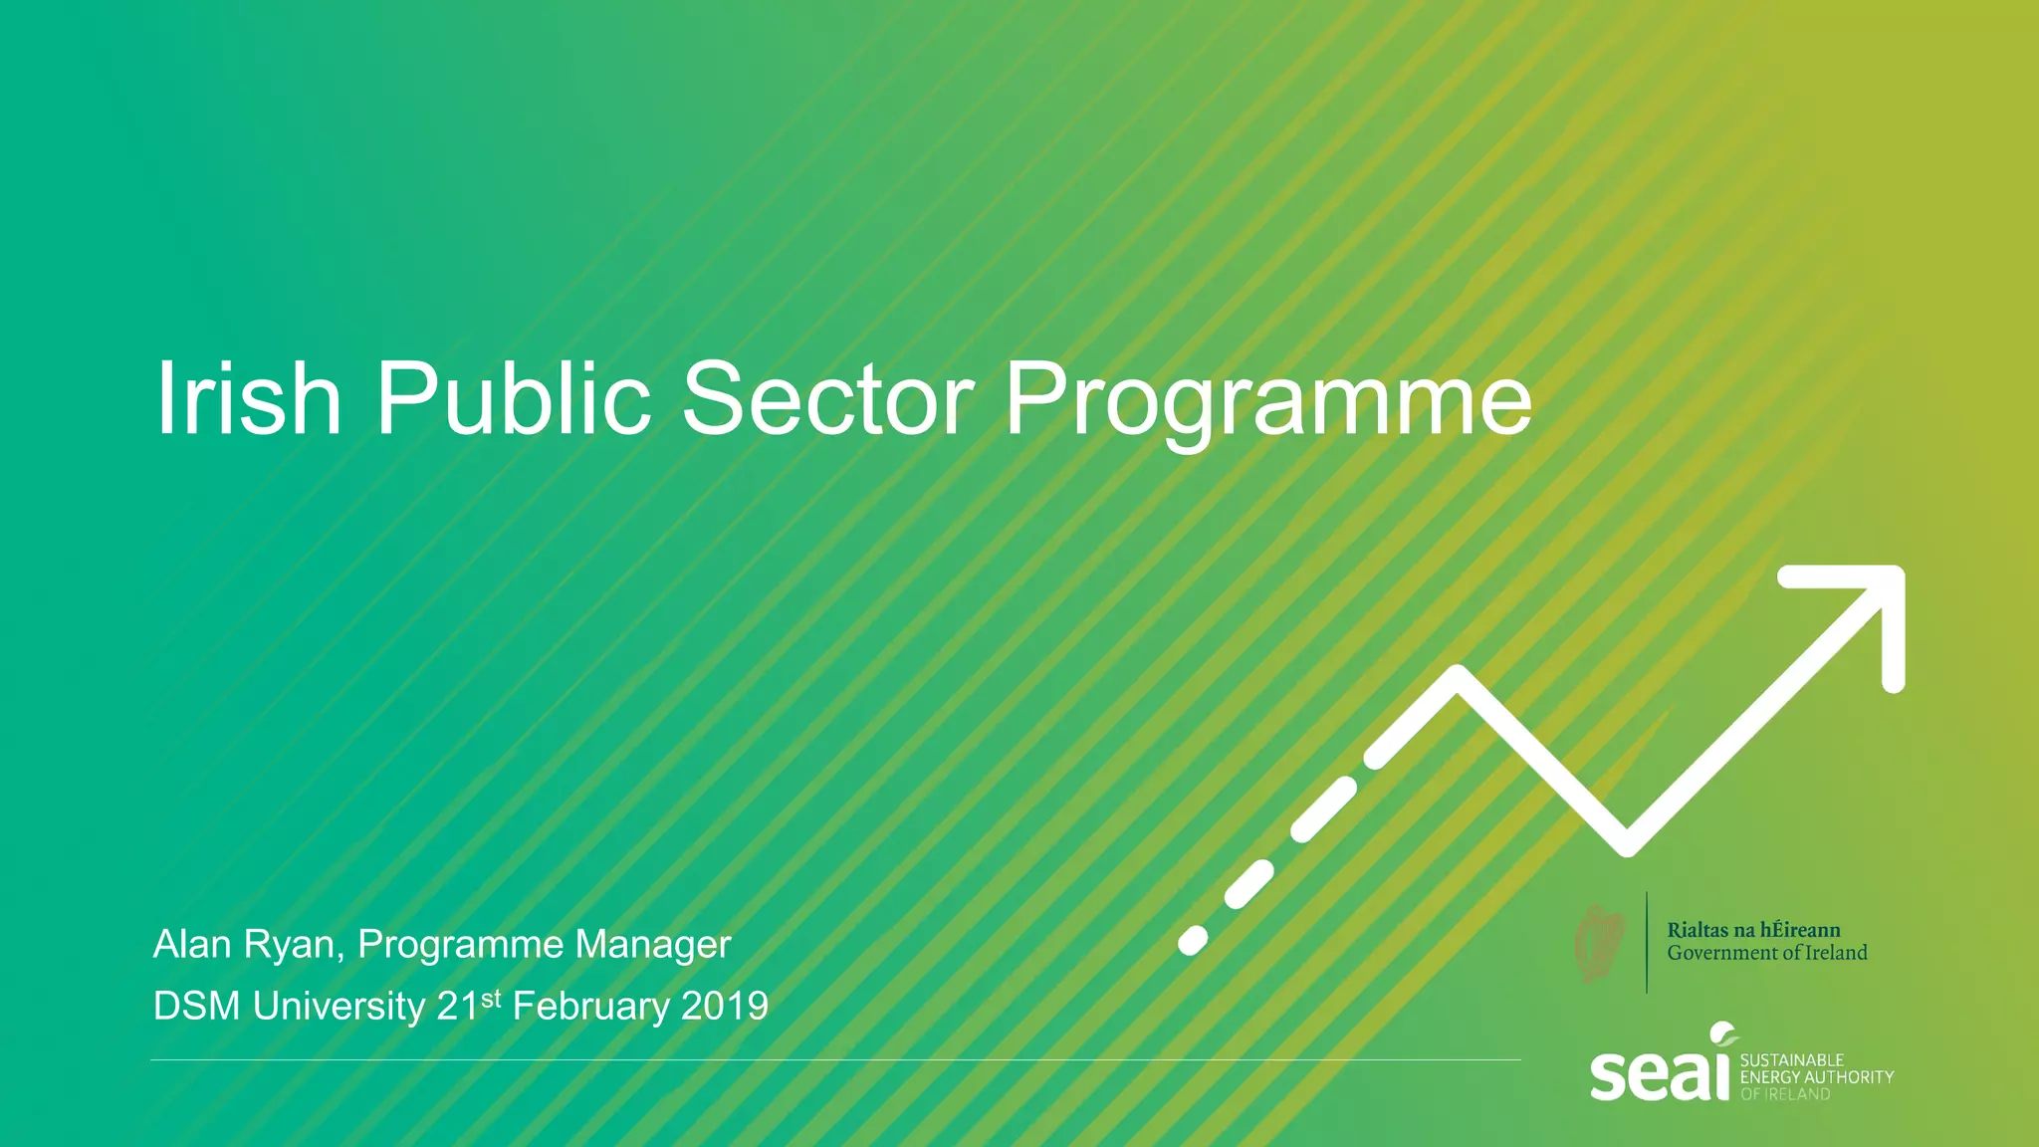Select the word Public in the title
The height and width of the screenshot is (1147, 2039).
pos(513,398)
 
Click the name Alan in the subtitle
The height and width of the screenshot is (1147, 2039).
pos(192,944)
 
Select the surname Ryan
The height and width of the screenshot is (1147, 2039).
pos(293,945)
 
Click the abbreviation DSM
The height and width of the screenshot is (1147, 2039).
pos(196,1007)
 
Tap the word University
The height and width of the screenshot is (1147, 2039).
pos(339,1007)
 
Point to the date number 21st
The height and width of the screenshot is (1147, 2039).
pos(468,1006)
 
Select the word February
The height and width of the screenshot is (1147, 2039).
pos(590,1007)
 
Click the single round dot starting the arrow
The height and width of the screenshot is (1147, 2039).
pos(1193,941)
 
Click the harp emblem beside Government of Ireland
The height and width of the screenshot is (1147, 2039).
pos(1600,943)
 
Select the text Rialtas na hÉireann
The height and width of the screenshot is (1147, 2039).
pos(1753,930)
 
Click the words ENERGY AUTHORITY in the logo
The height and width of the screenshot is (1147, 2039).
pos(1817,1077)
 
